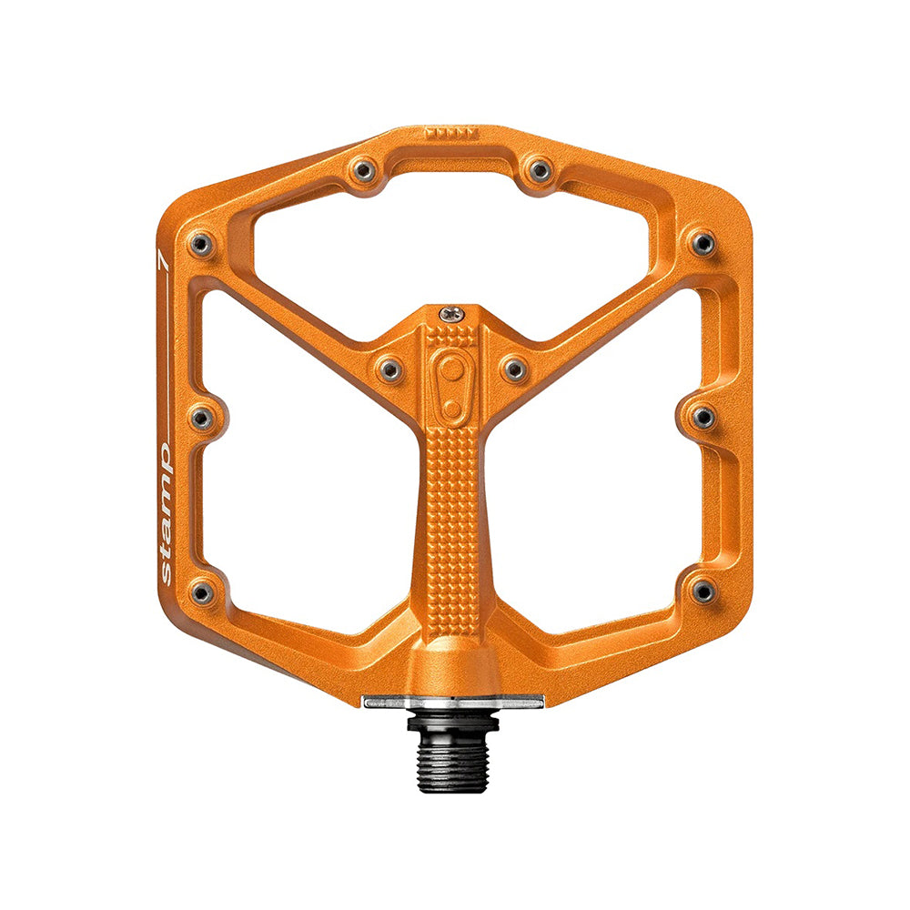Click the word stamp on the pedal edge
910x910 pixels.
click(x=166, y=513)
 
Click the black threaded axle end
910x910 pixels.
click(x=453, y=753)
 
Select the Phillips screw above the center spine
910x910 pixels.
click(x=451, y=315)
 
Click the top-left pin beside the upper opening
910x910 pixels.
click(x=364, y=170)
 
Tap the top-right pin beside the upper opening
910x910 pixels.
click(x=540, y=170)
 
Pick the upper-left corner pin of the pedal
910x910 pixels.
click(x=201, y=244)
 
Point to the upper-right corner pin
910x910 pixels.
click(x=703, y=243)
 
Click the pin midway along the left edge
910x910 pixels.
click(x=202, y=419)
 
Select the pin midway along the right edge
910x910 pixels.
click(x=703, y=418)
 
